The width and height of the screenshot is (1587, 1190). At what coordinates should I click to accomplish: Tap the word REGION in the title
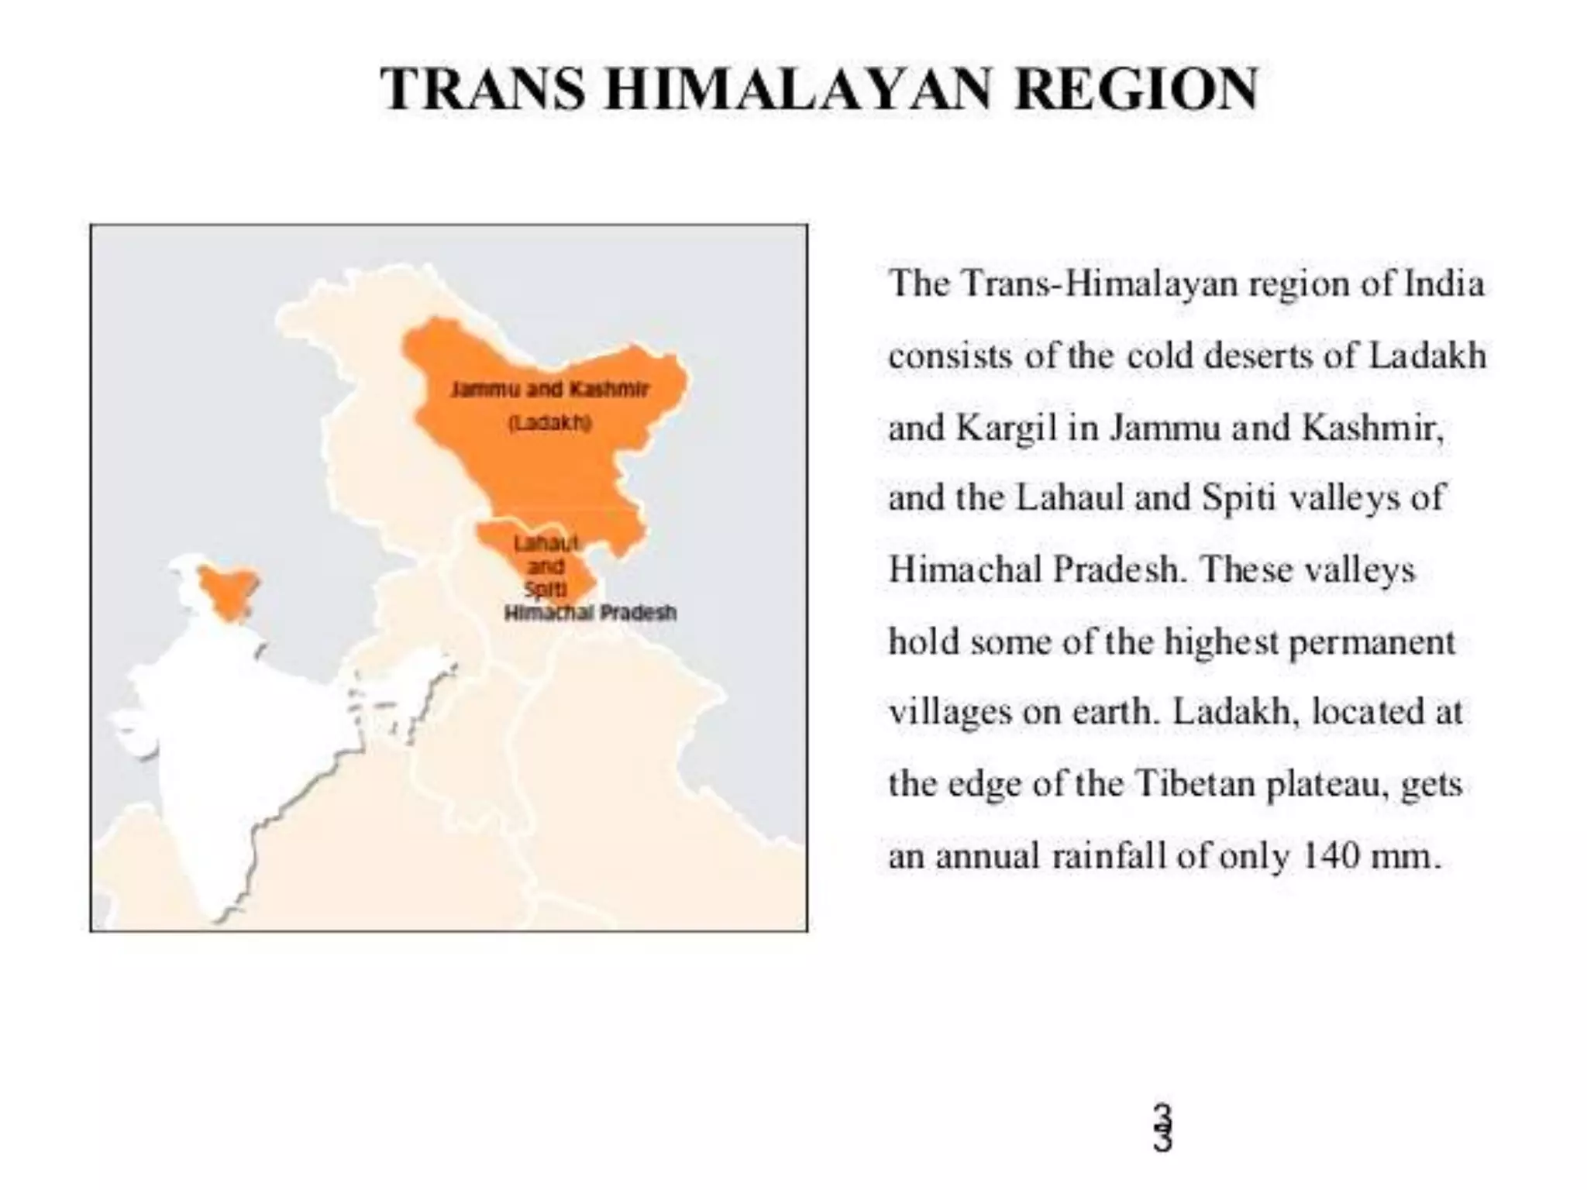click(x=1136, y=89)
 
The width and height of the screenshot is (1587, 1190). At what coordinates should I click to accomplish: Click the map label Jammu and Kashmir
click(x=549, y=389)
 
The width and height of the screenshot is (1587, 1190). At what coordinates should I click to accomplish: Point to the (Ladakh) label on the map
click(x=549, y=423)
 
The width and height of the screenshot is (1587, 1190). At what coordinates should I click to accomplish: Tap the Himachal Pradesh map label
click(x=590, y=613)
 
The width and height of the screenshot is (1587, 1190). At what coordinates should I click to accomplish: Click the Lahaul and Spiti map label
click(x=546, y=566)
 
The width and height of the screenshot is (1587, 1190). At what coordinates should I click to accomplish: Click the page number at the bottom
click(x=1162, y=1128)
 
